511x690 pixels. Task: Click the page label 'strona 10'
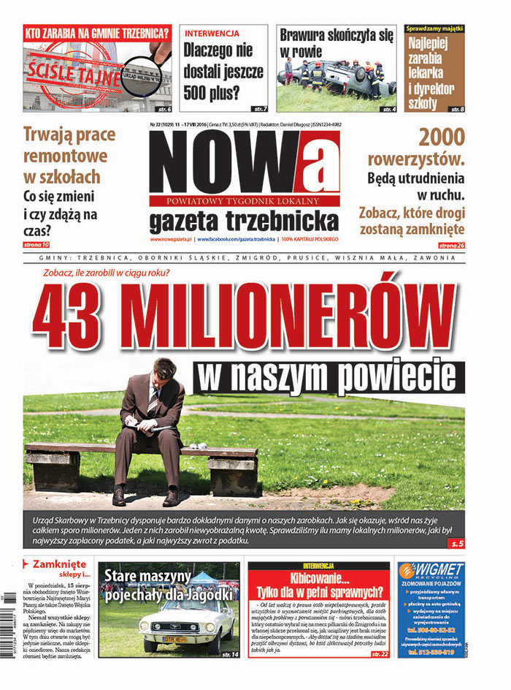tap(36, 244)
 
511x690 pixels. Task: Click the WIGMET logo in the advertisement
tap(431, 571)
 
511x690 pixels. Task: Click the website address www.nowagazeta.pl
tap(172, 240)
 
